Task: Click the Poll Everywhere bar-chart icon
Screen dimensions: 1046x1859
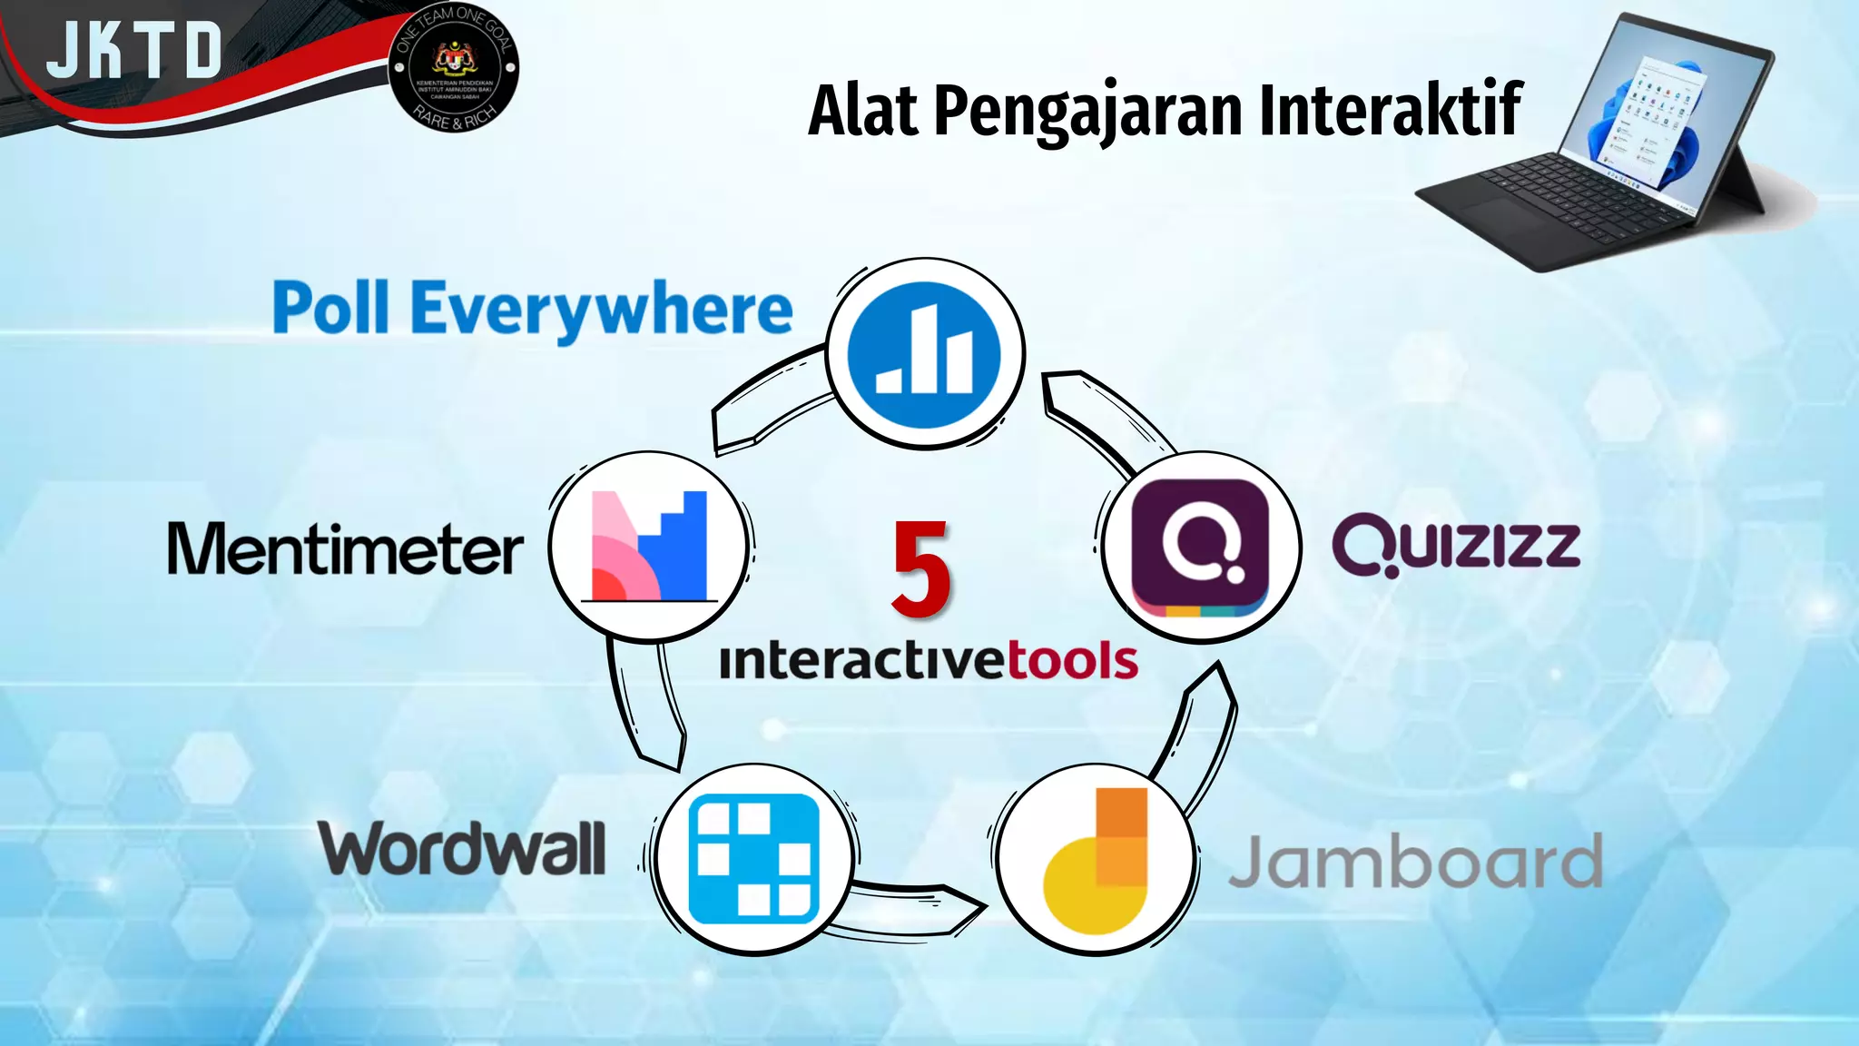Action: click(x=924, y=352)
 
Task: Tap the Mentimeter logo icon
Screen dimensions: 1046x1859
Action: click(x=648, y=547)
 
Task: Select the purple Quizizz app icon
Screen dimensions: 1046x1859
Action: click(x=1201, y=548)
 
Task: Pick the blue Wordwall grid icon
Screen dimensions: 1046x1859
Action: click(x=753, y=858)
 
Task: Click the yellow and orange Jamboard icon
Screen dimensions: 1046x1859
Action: click(x=1095, y=860)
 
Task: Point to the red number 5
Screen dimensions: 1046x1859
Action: click(x=920, y=570)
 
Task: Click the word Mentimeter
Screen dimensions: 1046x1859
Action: click(x=345, y=549)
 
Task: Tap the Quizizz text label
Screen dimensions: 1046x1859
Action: click(x=1456, y=545)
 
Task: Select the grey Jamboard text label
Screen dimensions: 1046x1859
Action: click(x=1415, y=862)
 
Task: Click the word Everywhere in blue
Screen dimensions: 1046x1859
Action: click(x=602, y=310)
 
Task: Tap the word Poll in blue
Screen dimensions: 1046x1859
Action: click(x=331, y=308)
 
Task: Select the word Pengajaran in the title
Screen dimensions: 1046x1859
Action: click(x=1087, y=112)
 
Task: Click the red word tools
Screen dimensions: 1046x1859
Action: click(x=1072, y=660)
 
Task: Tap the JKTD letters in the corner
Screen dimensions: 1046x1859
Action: click(x=134, y=50)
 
